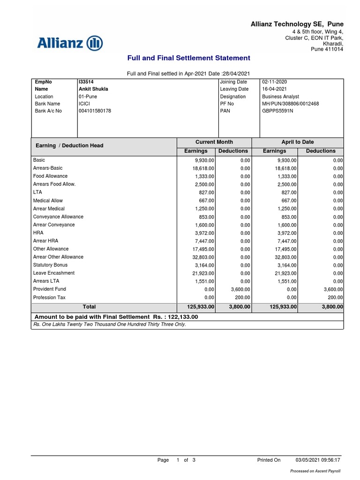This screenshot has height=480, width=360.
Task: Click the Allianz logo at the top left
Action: point(70,43)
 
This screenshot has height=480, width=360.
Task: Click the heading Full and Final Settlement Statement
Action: point(189,58)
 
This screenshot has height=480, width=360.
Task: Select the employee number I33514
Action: point(86,82)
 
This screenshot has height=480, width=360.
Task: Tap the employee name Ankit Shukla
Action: point(93,89)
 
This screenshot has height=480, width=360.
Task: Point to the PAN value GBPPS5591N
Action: point(277,111)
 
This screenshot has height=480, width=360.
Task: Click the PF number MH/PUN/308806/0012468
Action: point(290,104)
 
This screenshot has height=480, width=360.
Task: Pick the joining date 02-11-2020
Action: point(274,82)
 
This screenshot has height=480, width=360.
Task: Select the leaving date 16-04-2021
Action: point(274,89)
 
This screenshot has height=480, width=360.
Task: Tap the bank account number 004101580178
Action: point(95,111)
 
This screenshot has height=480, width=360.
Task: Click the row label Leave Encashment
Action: point(54,273)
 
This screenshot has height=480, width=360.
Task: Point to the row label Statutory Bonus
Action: point(50,265)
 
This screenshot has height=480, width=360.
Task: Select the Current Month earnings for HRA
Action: point(204,233)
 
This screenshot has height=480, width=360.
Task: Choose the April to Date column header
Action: point(297,142)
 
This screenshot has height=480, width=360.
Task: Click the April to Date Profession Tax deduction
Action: point(335,297)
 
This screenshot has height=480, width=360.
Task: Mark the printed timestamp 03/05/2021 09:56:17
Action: point(318,460)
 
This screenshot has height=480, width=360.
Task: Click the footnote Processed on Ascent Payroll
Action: point(315,471)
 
